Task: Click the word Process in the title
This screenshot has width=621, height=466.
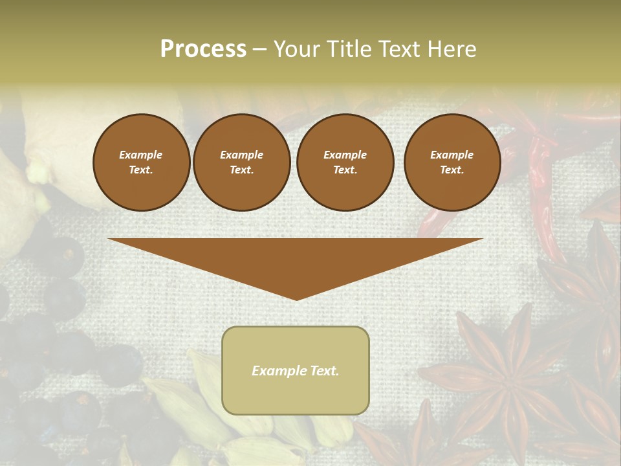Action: pos(203,49)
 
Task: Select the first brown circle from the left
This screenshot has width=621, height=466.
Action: pos(141,162)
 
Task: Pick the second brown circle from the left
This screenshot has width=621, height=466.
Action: pos(242,162)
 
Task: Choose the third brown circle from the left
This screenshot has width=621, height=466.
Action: pos(345,162)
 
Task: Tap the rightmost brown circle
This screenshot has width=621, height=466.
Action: pos(452,162)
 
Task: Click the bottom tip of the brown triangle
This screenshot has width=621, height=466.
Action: pos(296,298)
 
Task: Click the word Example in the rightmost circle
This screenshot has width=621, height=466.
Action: pos(452,155)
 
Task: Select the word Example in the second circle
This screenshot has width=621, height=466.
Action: pos(242,155)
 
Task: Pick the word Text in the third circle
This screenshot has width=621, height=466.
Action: pos(344,170)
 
